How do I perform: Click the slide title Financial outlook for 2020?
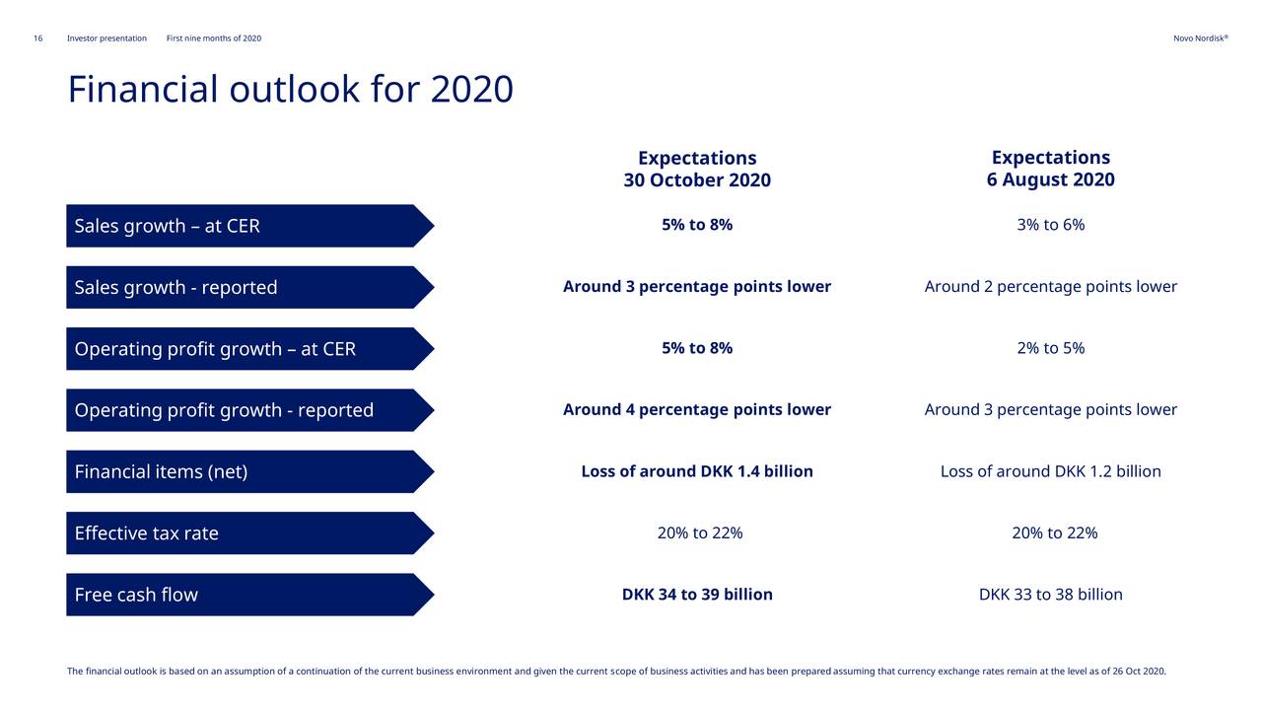(x=290, y=90)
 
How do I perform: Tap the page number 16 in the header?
(x=37, y=38)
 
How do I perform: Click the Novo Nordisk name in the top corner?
(x=1200, y=38)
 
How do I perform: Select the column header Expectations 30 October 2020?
(x=697, y=170)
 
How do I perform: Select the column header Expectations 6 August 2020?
(x=1050, y=169)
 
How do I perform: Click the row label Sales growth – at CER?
(x=168, y=226)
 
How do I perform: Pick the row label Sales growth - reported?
(x=175, y=288)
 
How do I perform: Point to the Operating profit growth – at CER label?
(x=215, y=349)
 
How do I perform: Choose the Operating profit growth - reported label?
(x=224, y=410)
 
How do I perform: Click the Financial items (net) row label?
(x=161, y=472)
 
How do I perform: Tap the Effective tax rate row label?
(x=147, y=533)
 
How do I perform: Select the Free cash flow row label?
(x=136, y=595)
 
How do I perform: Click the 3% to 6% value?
(x=1050, y=225)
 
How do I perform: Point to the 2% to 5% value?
(x=1050, y=348)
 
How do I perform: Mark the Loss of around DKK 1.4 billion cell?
(x=697, y=471)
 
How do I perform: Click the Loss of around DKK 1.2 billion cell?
(x=1050, y=471)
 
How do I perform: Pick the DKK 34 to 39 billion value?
(x=697, y=595)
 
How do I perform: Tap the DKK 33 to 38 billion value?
(x=1050, y=595)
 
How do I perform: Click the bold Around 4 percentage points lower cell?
(x=697, y=410)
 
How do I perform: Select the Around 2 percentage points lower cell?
(x=1050, y=287)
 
